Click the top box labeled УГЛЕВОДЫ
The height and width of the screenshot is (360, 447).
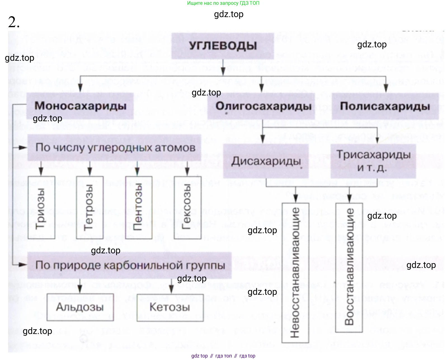[222, 46]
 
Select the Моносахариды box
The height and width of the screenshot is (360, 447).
[80, 106]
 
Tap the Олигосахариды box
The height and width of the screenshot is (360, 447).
[263, 106]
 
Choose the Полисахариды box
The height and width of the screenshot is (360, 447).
[385, 106]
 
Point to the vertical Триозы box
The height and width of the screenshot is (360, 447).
[41, 207]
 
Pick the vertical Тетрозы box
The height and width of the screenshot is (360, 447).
[90, 207]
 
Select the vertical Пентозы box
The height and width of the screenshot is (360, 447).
[139, 207]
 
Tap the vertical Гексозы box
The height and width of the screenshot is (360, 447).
[187, 207]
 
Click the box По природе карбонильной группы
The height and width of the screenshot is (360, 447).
[130, 265]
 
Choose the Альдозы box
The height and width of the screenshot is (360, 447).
[80, 307]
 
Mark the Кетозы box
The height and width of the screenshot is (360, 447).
[170, 307]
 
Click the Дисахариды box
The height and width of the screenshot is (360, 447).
[266, 161]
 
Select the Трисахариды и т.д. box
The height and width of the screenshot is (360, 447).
[373, 161]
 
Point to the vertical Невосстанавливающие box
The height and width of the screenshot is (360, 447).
[295, 273]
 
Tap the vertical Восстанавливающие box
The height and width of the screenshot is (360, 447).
[349, 267]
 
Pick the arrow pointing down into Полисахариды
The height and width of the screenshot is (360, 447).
[386, 85]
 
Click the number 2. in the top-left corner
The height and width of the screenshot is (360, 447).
[14, 22]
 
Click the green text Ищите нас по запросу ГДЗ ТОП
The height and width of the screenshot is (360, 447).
[223, 3]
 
